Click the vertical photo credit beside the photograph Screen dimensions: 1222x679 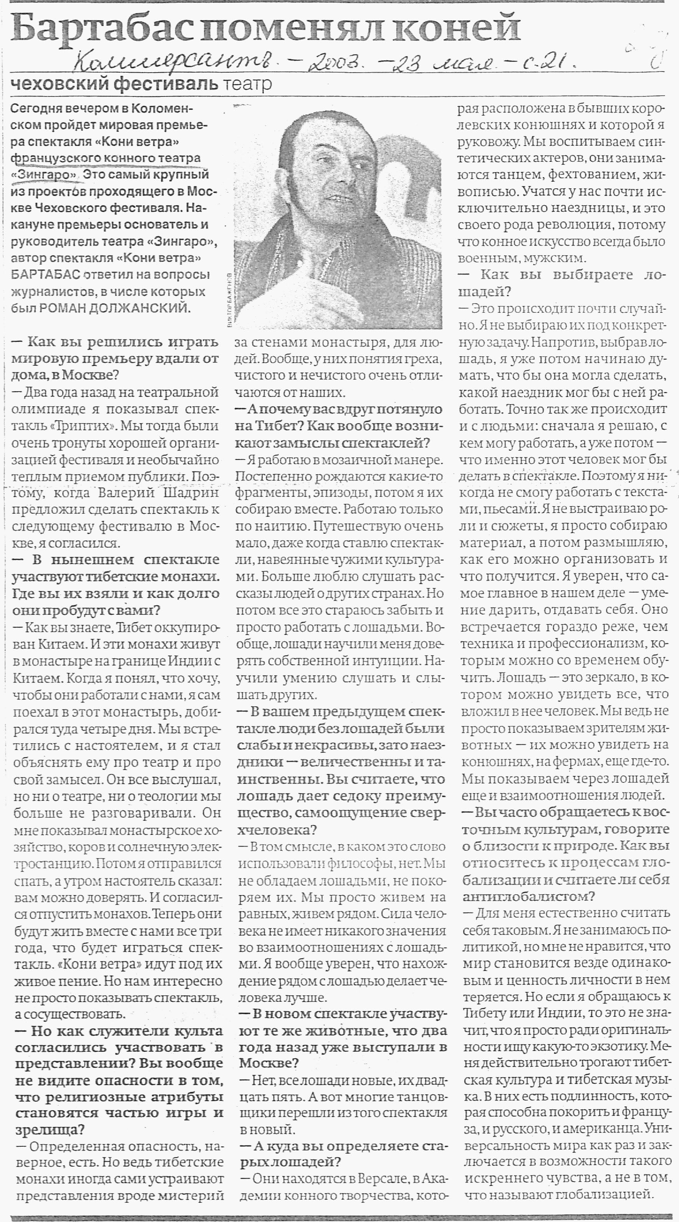(x=230, y=299)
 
